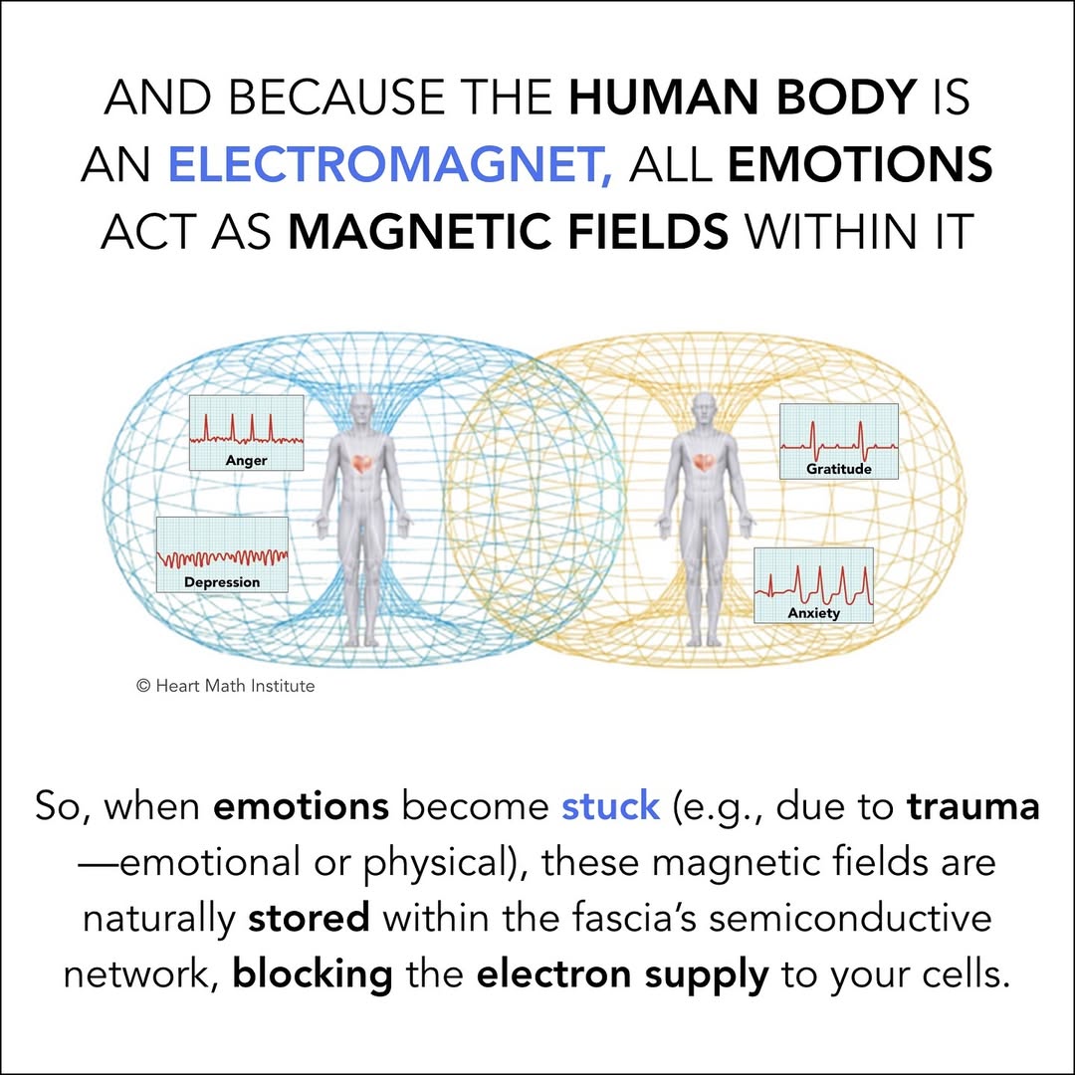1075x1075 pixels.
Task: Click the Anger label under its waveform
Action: [x=246, y=461]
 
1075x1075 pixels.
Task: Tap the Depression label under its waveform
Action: [x=222, y=582]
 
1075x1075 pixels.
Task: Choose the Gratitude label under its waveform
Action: [x=838, y=469]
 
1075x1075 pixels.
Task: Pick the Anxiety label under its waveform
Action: [x=813, y=613]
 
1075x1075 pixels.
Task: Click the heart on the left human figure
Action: [x=362, y=465]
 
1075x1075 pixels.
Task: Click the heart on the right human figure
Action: [x=705, y=464]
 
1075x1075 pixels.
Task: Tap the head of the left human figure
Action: [x=362, y=406]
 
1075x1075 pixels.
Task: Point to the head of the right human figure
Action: [x=705, y=406]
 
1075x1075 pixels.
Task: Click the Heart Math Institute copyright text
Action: [x=225, y=685]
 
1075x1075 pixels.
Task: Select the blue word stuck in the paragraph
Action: [x=610, y=805]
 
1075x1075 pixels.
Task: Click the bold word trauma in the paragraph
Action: [x=972, y=805]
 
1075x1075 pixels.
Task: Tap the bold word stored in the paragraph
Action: [x=309, y=917]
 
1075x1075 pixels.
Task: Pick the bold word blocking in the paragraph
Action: [x=313, y=972]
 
